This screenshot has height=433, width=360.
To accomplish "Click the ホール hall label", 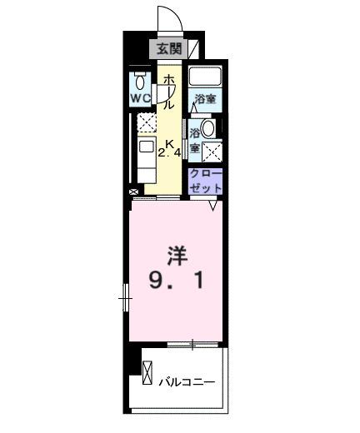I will coord(168,91).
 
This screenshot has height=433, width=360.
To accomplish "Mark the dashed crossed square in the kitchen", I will coord(147,124).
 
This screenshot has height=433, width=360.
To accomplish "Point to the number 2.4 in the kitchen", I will coord(170,152).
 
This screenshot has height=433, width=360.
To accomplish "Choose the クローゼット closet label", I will coord(205,181).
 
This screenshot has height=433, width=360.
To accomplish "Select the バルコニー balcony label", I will coord(187,382).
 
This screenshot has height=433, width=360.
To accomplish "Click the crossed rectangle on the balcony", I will coord(148,372).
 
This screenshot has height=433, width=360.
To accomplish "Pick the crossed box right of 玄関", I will coord(193,50).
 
